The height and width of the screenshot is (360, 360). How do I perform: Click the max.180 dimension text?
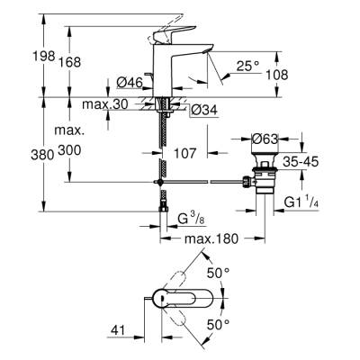(x=213, y=240)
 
